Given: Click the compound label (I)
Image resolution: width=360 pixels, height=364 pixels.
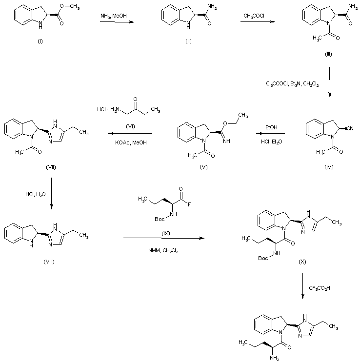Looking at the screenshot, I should click(x=40, y=40).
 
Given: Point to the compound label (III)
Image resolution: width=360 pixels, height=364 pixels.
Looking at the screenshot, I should click(x=328, y=53).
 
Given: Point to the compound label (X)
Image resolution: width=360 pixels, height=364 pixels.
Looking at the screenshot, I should click(x=302, y=262).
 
